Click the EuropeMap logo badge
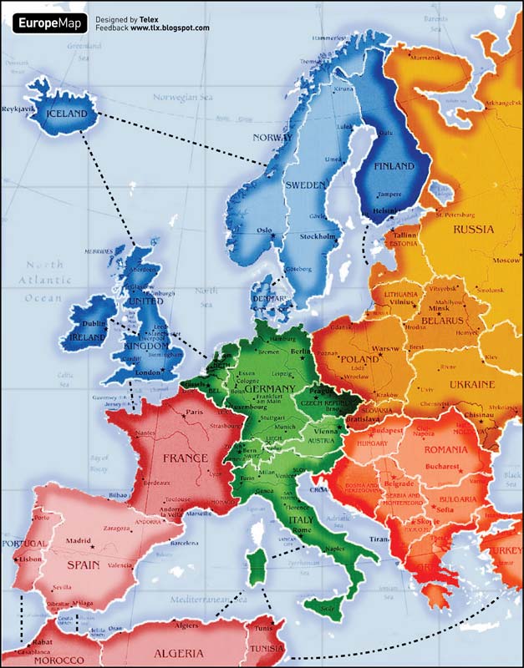(x=48, y=23)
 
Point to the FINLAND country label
(x=393, y=166)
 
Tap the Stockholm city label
(x=317, y=236)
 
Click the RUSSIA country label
(x=473, y=229)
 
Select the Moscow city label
(x=506, y=260)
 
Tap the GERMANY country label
(x=269, y=389)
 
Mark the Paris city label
(x=195, y=412)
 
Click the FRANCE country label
(x=185, y=458)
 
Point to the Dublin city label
(x=93, y=323)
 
